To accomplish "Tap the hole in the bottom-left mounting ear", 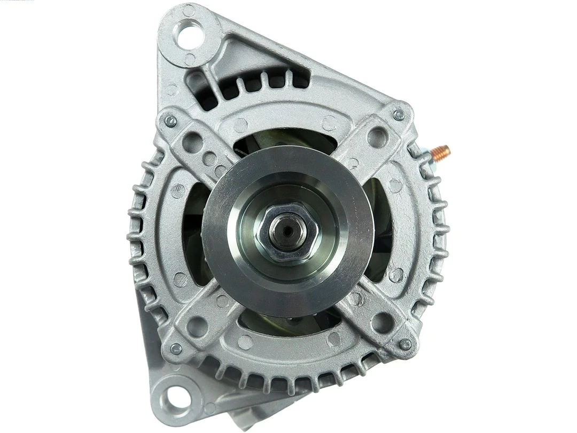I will pyautogui.click(x=175, y=396).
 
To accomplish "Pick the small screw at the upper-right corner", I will pyautogui.click(x=399, y=115).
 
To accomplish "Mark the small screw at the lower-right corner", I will pyautogui.click(x=405, y=344).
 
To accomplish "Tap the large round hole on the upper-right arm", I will pyautogui.click(x=378, y=137).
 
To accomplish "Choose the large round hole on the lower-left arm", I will pyautogui.click(x=197, y=326).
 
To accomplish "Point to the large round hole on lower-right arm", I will pyautogui.click(x=383, y=322).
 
